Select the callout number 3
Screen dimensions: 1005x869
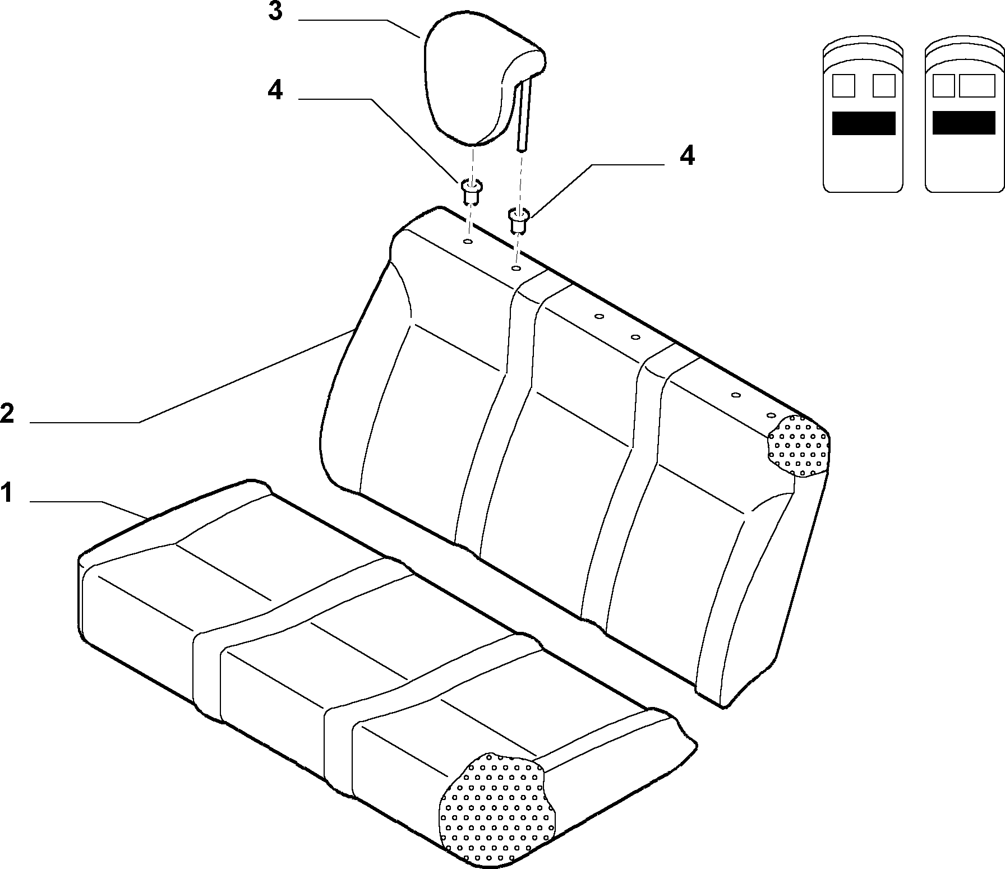coord(275,11)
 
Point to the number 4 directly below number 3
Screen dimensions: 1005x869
coord(275,90)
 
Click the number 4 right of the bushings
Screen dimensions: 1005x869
coord(687,155)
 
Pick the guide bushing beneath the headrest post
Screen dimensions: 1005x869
coord(519,220)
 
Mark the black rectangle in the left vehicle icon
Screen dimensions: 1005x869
coord(864,123)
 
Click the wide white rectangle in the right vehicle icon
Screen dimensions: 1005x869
coord(978,86)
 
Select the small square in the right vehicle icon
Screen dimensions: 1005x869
coord(943,86)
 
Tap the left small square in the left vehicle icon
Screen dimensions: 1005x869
coord(843,86)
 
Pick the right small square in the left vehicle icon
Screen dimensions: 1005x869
coord(884,86)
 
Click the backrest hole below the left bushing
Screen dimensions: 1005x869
coord(467,242)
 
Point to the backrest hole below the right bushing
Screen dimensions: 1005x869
coord(515,269)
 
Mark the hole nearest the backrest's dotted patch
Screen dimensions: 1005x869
coord(771,415)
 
